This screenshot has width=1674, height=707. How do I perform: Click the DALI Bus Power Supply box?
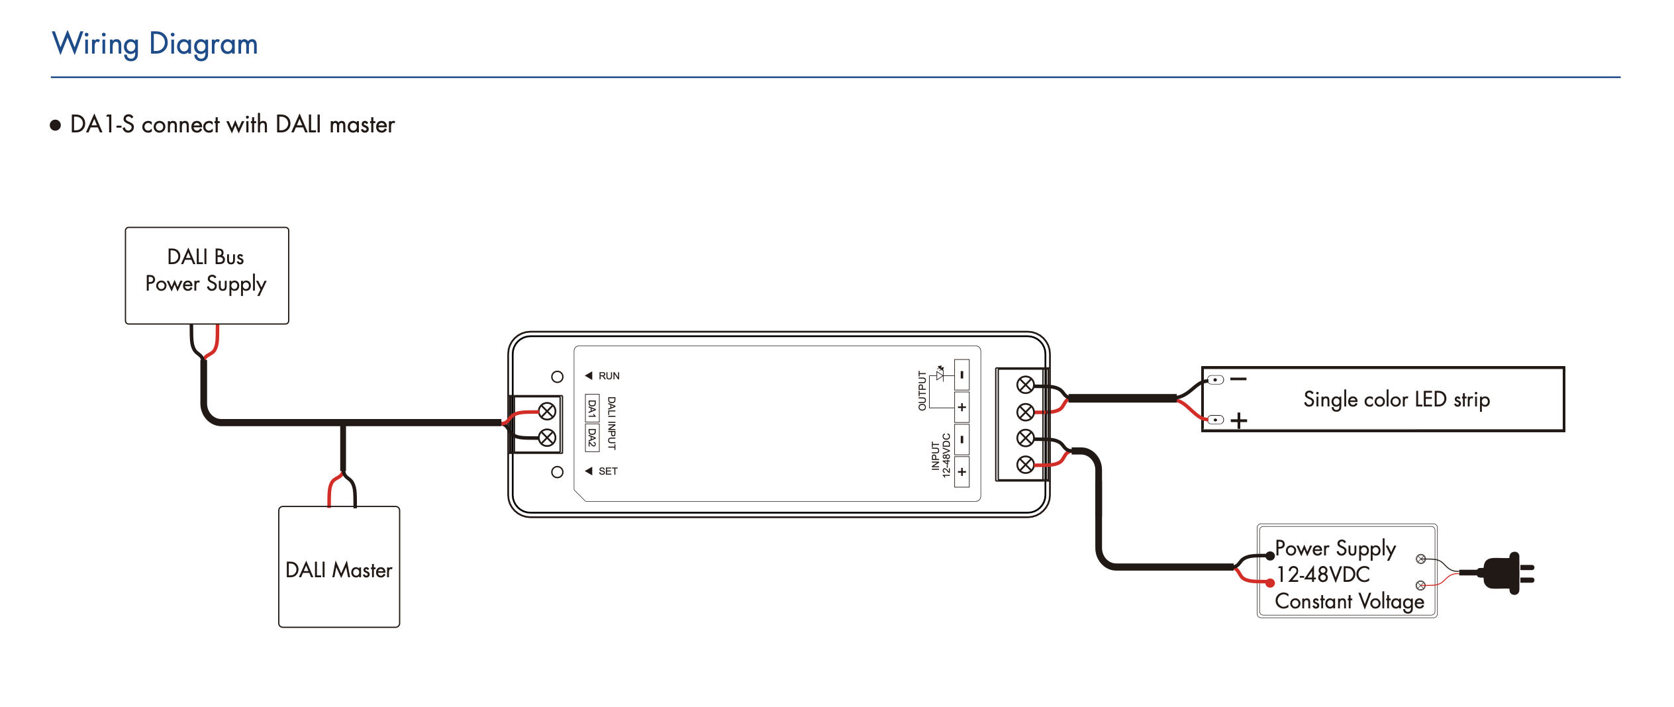[x=207, y=275]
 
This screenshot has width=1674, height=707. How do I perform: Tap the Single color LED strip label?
[x=1396, y=399]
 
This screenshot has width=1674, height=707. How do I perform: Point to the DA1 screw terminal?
[x=547, y=412]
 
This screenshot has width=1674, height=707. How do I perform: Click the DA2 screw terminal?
[x=547, y=438]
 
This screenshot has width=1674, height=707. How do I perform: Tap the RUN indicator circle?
[x=557, y=377]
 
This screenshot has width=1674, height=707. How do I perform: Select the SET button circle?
[x=557, y=472]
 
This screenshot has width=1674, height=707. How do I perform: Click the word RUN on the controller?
[x=609, y=376]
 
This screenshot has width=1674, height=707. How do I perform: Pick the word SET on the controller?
[x=608, y=471]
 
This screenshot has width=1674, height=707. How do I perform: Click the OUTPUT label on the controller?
[x=922, y=391]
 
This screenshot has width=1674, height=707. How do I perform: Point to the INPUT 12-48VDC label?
[x=940, y=455]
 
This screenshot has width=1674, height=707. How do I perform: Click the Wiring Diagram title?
[x=155, y=44]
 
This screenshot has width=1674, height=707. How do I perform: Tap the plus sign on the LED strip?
[x=1238, y=420]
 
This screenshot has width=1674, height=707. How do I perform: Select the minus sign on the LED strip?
[x=1238, y=379]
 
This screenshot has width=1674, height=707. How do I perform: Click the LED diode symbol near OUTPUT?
[x=940, y=374]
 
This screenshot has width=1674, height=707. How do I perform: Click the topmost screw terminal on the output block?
[x=1025, y=385]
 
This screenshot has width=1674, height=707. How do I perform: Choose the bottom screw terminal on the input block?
[x=1025, y=465]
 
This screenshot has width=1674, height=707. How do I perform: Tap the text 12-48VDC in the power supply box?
[x=1322, y=575]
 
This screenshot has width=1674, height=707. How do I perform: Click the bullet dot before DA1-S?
[x=56, y=125]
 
